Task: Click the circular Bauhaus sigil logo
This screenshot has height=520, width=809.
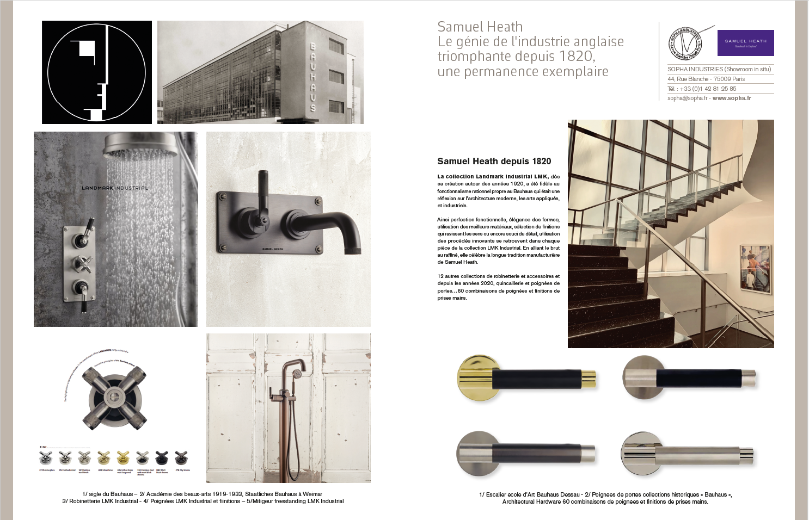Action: tap(97, 72)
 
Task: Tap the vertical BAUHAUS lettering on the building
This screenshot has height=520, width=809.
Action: tap(312, 77)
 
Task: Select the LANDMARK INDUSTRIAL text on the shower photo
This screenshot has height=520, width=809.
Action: tap(115, 188)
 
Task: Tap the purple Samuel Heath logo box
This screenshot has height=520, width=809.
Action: tap(745, 43)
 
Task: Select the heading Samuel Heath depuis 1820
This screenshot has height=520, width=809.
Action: tap(494, 161)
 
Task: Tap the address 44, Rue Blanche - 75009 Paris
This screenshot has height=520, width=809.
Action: tap(706, 79)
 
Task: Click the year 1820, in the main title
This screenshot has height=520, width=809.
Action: tap(578, 57)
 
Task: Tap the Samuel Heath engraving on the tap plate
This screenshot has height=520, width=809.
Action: tap(273, 249)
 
